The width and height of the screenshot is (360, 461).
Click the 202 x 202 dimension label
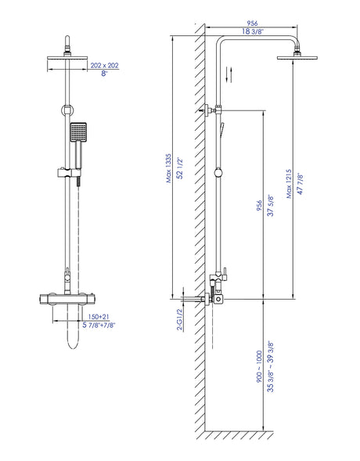[104, 65]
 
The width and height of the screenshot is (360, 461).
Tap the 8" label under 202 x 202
[105, 74]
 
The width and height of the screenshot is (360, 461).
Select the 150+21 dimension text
[99, 317]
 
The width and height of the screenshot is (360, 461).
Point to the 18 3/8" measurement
[253, 31]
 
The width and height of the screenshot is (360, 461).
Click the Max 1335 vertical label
[169, 168]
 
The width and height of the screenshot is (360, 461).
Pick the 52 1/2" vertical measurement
[180, 168]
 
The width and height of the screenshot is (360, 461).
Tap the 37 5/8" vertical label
[270, 206]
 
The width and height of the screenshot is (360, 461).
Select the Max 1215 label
[289, 183]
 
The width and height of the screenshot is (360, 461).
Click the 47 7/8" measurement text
[300, 183]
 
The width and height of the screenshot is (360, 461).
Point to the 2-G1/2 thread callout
[180, 319]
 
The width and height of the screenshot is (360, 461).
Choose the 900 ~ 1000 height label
[259, 366]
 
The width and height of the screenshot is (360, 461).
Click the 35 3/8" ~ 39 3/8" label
[270, 366]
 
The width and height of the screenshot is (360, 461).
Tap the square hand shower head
[78, 132]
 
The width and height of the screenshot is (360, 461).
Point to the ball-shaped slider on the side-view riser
[218, 172]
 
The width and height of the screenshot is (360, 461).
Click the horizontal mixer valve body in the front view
[67, 299]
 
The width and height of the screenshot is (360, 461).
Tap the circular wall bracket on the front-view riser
[67, 110]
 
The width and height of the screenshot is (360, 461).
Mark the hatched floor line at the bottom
[239, 435]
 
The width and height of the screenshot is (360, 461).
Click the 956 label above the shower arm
[252, 23]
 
